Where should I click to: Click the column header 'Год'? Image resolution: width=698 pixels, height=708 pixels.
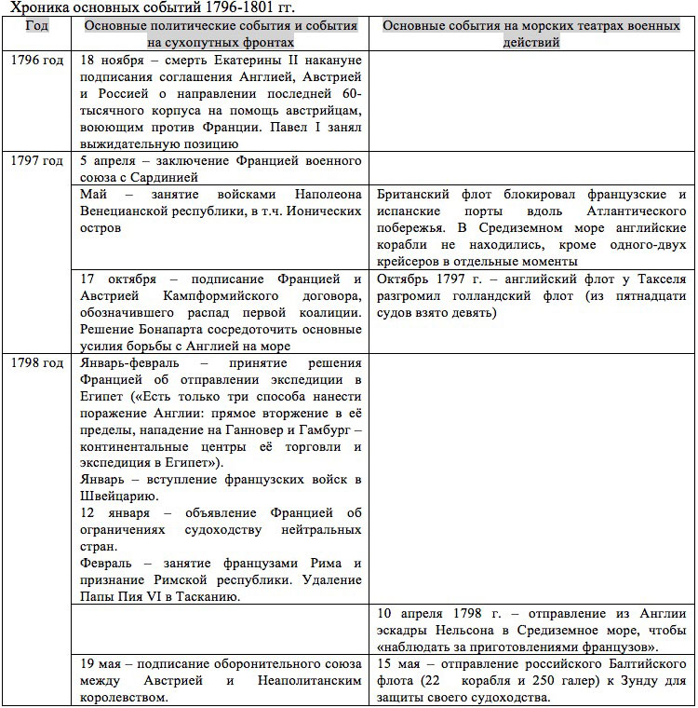coord(37,25)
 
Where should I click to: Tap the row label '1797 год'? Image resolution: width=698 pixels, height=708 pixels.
coord(37,161)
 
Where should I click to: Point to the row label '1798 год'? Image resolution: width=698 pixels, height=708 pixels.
coord(37,363)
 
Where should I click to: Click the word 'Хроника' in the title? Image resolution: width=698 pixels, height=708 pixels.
coord(35,7)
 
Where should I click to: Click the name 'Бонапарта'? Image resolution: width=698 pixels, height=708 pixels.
coord(177,330)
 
